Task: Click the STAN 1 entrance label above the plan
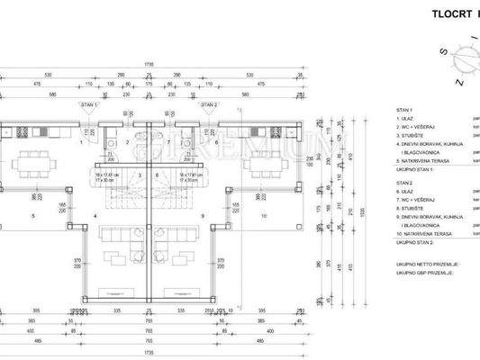[89, 105]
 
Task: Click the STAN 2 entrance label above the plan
[210, 105]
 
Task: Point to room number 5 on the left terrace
[34, 216]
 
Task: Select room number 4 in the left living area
[95, 216]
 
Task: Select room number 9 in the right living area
[204, 216]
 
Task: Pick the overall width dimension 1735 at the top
[149, 64]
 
